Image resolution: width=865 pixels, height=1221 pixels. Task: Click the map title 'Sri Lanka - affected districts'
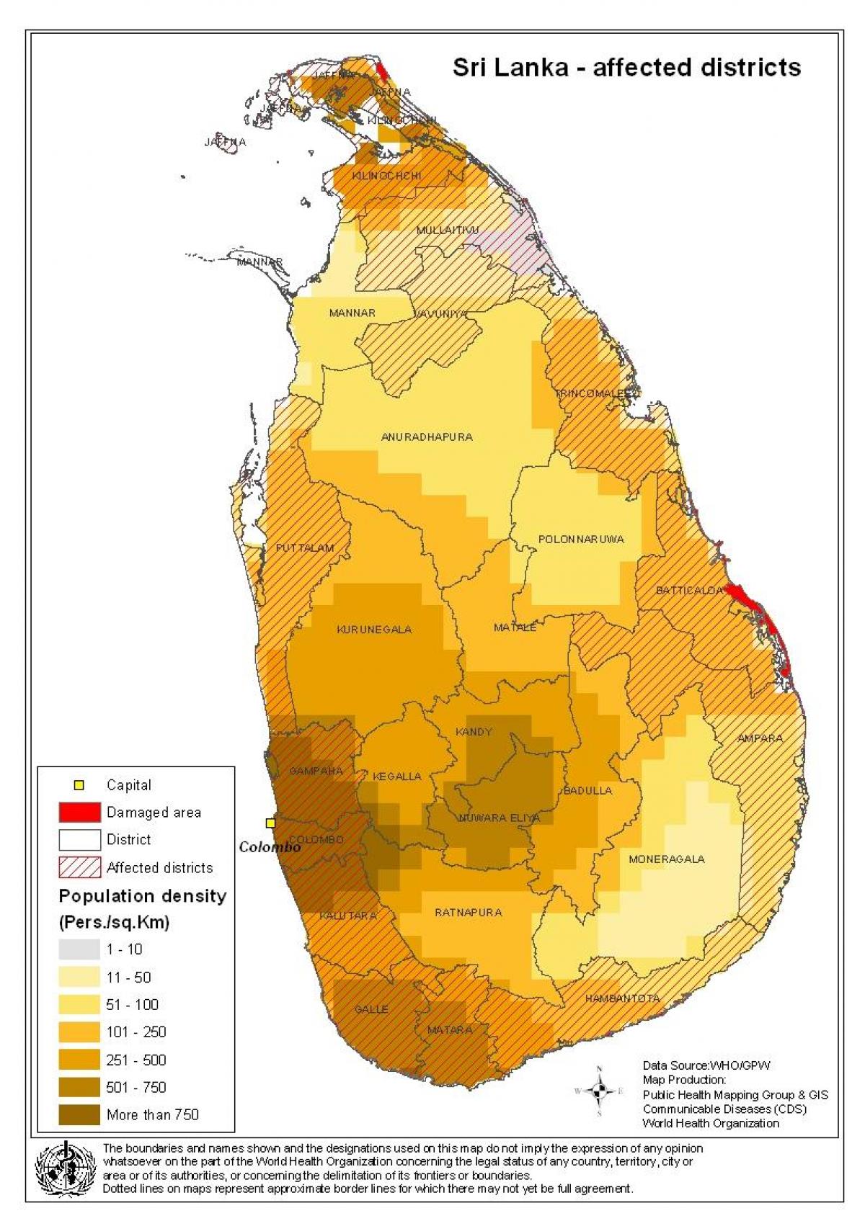pos(626,67)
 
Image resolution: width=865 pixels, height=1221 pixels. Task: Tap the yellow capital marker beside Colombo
pos(270,823)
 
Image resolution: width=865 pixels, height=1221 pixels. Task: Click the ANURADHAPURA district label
pos(427,437)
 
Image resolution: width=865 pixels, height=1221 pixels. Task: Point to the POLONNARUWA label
pos(581,539)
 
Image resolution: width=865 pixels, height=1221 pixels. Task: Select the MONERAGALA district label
pos(666,859)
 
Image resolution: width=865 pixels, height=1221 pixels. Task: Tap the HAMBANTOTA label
pos(622,998)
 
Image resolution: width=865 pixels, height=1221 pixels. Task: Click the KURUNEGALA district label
pos(374,630)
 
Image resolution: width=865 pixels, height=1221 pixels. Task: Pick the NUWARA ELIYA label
pos(500,818)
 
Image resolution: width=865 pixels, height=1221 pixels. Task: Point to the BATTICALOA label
pos(689,590)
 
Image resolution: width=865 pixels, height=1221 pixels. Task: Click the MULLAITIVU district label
pos(447,230)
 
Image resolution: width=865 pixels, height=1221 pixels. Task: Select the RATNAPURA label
pos(468,913)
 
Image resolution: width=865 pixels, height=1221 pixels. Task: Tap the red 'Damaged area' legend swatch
pos(79,812)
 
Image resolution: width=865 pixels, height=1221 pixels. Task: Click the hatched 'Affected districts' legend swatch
pos(79,867)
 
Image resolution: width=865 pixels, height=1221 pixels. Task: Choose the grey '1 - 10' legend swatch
pos(79,949)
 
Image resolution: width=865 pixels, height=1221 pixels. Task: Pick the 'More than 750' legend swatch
pos(79,1114)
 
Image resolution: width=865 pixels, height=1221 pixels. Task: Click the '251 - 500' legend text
pos(136,1060)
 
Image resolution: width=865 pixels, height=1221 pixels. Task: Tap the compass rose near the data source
pos(599,1091)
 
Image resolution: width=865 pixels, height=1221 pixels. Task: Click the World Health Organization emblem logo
pos(66,1169)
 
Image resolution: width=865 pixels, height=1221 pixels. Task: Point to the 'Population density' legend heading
pos(142,896)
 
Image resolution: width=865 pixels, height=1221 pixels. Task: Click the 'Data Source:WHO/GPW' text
pos(706,1065)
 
